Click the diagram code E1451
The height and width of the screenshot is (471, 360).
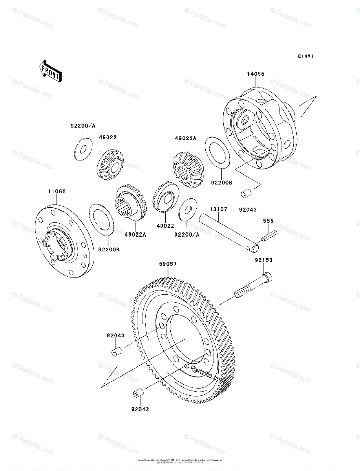(305, 57)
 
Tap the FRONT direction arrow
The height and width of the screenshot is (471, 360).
(49, 71)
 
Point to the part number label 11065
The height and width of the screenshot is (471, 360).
(57, 192)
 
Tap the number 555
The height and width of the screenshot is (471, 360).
(268, 221)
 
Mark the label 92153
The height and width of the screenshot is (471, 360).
(263, 260)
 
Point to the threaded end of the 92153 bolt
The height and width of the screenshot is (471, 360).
(241, 294)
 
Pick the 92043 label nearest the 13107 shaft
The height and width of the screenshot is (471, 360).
(248, 210)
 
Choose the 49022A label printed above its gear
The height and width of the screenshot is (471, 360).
(185, 138)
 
